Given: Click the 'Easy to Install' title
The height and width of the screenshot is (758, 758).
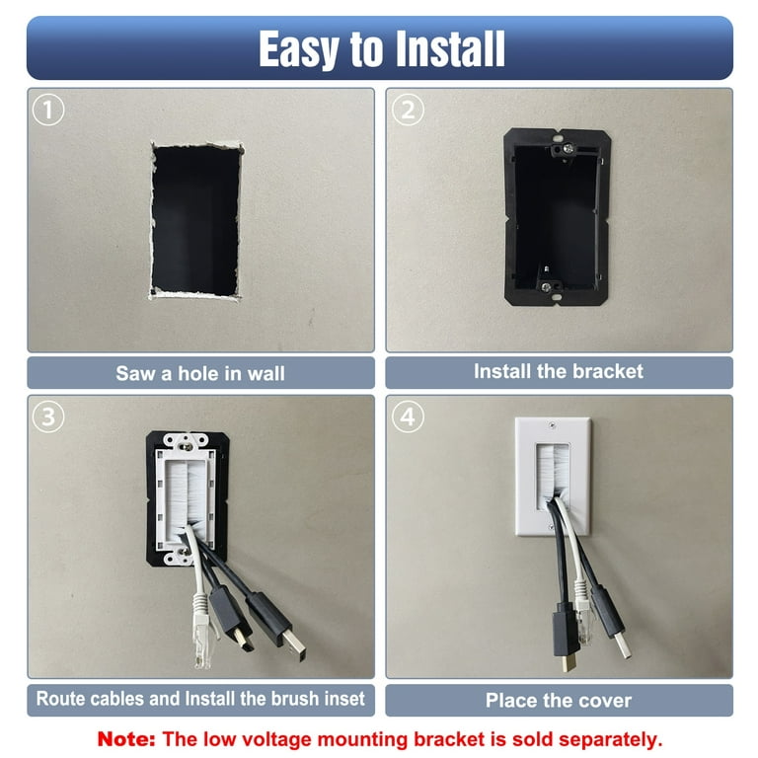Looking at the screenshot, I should pyautogui.click(x=380, y=48).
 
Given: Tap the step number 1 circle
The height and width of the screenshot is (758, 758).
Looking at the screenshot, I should pyautogui.click(x=48, y=110).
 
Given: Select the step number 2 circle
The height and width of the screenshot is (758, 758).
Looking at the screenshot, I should pyautogui.click(x=407, y=110).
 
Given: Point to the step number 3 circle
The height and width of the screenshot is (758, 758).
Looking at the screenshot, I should pyautogui.click(x=48, y=417).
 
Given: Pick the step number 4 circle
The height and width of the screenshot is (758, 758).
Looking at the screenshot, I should pyautogui.click(x=407, y=417).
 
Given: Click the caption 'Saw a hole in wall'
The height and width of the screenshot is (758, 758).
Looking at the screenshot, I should pyautogui.click(x=200, y=373).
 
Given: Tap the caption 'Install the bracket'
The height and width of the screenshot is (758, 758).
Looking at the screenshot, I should pyautogui.click(x=558, y=371).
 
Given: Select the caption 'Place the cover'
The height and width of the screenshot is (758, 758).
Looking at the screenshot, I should pyautogui.click(x=558, y=701).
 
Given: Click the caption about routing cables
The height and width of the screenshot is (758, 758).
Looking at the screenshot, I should pyautogui.click(x=200, y=699).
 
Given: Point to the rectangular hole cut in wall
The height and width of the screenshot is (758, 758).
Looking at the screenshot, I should pyautogui.click(x=194, y=218).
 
